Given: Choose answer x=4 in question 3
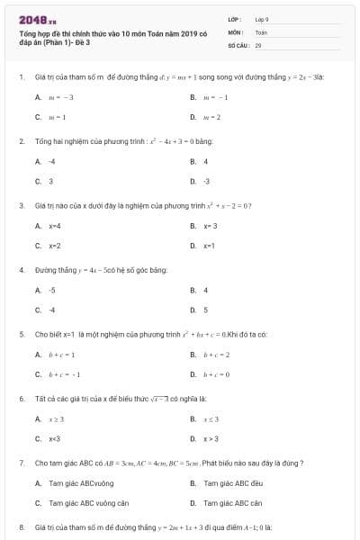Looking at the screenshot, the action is click(55, 225).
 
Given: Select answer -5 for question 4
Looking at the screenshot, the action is click(52, 290).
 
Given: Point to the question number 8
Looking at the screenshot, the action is click(21, 526).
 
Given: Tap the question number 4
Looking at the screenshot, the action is click(21, 270).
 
